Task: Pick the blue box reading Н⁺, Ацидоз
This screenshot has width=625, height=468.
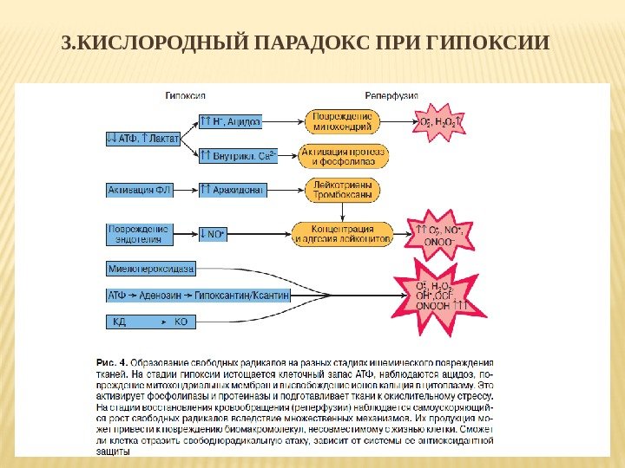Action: point(230,122)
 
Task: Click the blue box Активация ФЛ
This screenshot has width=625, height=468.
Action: point(139,189)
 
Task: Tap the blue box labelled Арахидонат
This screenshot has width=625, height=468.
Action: point(231,189)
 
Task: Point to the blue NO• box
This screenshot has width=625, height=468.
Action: point(213,234)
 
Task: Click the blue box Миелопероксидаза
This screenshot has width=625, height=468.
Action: point(151,268)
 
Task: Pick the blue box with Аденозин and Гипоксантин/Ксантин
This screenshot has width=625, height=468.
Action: point(197,295)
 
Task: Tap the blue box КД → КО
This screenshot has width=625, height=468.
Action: point(151,322)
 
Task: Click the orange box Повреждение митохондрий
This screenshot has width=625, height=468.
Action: point(342,121)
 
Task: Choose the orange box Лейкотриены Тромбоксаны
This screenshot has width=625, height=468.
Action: point(342,190)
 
